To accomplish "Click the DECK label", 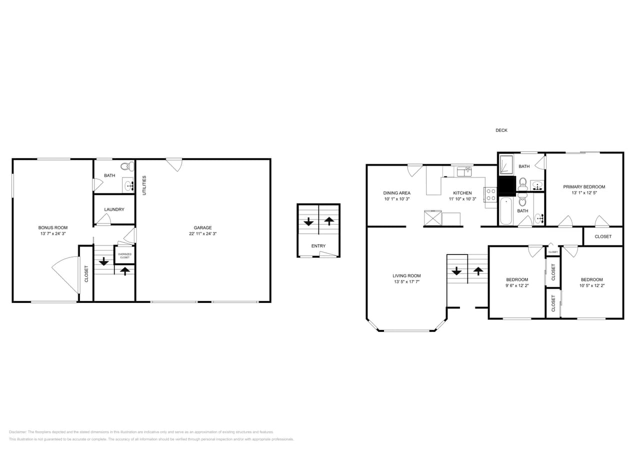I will [501, 130].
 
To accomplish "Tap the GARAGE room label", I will [203, 228].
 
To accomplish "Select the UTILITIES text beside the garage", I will [144, 185].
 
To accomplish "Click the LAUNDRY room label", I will [114, 209].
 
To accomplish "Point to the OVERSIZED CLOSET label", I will [124, 255].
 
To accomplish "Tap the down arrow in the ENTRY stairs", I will [308, 221].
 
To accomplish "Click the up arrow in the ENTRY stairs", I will [328, 221].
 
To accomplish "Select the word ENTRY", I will [318, 246].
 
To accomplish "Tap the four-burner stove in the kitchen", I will [490, 194].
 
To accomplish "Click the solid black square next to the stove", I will [506, 186].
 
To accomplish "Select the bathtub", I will [505, 211].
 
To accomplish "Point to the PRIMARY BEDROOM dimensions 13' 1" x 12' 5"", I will [584, 193].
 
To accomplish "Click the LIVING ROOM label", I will [406, 275].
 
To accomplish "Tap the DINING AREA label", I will [396, 193].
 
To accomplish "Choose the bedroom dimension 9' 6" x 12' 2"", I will [516, 285].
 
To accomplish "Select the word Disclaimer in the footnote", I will [17, 432].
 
